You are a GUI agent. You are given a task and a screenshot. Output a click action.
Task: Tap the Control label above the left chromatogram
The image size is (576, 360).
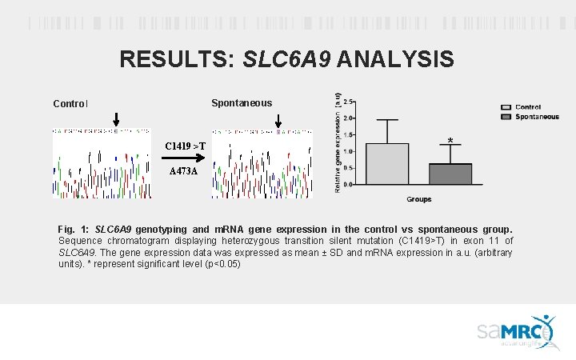(x=70, y=103)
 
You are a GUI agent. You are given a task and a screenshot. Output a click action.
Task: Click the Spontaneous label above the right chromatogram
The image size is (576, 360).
(x=241, y=102)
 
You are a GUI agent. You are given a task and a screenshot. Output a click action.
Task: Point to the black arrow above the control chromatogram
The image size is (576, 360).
(x=116, y=119)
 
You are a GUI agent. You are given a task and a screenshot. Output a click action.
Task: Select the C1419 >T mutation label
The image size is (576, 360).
(x=186, y=146)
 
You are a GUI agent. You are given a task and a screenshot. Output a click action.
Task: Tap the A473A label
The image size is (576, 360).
(x=184, y=171)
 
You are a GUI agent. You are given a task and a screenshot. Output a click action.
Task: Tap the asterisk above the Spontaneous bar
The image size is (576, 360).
(x=450, y=142)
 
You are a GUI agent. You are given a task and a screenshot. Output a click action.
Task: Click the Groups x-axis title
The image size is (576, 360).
(x=419, y=198)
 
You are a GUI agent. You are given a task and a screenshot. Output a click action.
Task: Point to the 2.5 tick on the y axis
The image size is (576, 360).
(x=350, y=102)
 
